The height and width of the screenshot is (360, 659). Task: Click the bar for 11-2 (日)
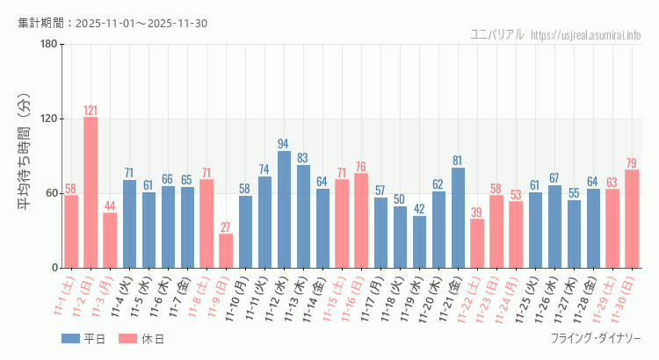pyautogui.click(x=91, y=192)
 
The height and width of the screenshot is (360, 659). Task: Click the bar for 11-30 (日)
pyautogui.click(x=632, y=219)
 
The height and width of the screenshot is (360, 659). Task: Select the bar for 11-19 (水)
pyautogui.click(x=419, y=241)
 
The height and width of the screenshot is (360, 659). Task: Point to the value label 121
pyautogui.click(x=91, y=111)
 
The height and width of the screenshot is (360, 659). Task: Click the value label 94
pyautogui.click(x=284, y=144)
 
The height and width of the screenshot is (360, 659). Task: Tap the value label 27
pyautogui.click(x=226, y=227)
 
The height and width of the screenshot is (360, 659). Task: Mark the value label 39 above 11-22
pyautogui.click(x=477, y=212)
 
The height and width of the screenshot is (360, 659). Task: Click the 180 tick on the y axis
pyautogui.click(x=49, y=45)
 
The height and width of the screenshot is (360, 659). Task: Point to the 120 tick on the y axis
pyautogui.click(x=49, y=119)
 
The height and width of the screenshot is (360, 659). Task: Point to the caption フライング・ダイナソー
pyautogui.click(x=596, y=339)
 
